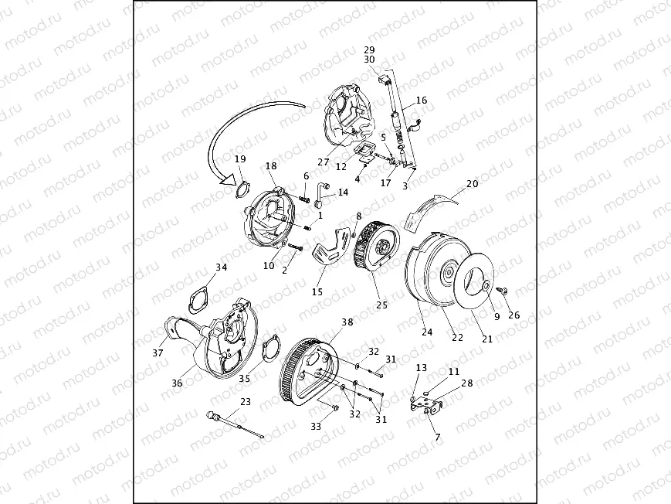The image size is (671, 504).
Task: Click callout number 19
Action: tap(239, 159)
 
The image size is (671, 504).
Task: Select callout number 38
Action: tap(347, 322)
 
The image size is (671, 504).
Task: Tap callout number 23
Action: tap(246, 401)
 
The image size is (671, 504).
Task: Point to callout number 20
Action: tap(473, 184)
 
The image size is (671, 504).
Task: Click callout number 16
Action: tap(422, 100)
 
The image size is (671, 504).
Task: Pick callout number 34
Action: tap(222, 267)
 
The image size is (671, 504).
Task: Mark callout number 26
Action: tap(514, 315)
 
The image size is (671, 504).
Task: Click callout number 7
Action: tap(438, 438)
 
